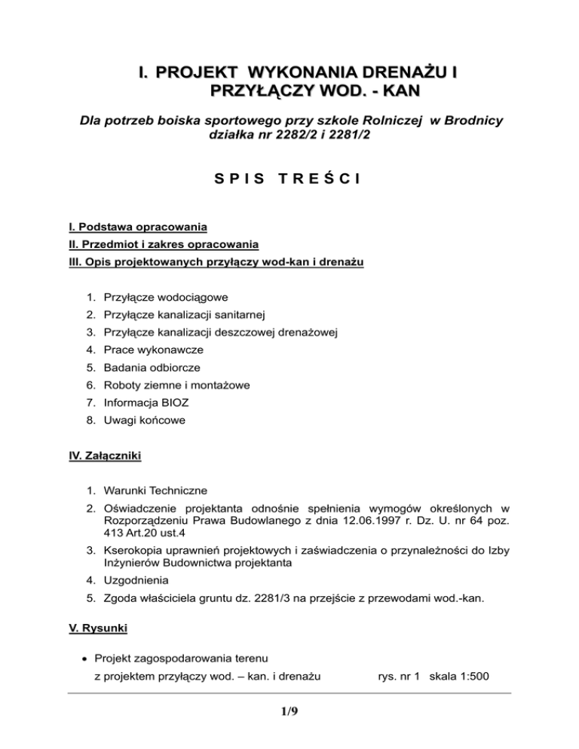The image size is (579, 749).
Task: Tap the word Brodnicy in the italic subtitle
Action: point(468,122)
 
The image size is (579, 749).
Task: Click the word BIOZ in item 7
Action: point(188,402)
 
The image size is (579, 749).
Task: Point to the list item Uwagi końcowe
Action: point(143,420)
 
